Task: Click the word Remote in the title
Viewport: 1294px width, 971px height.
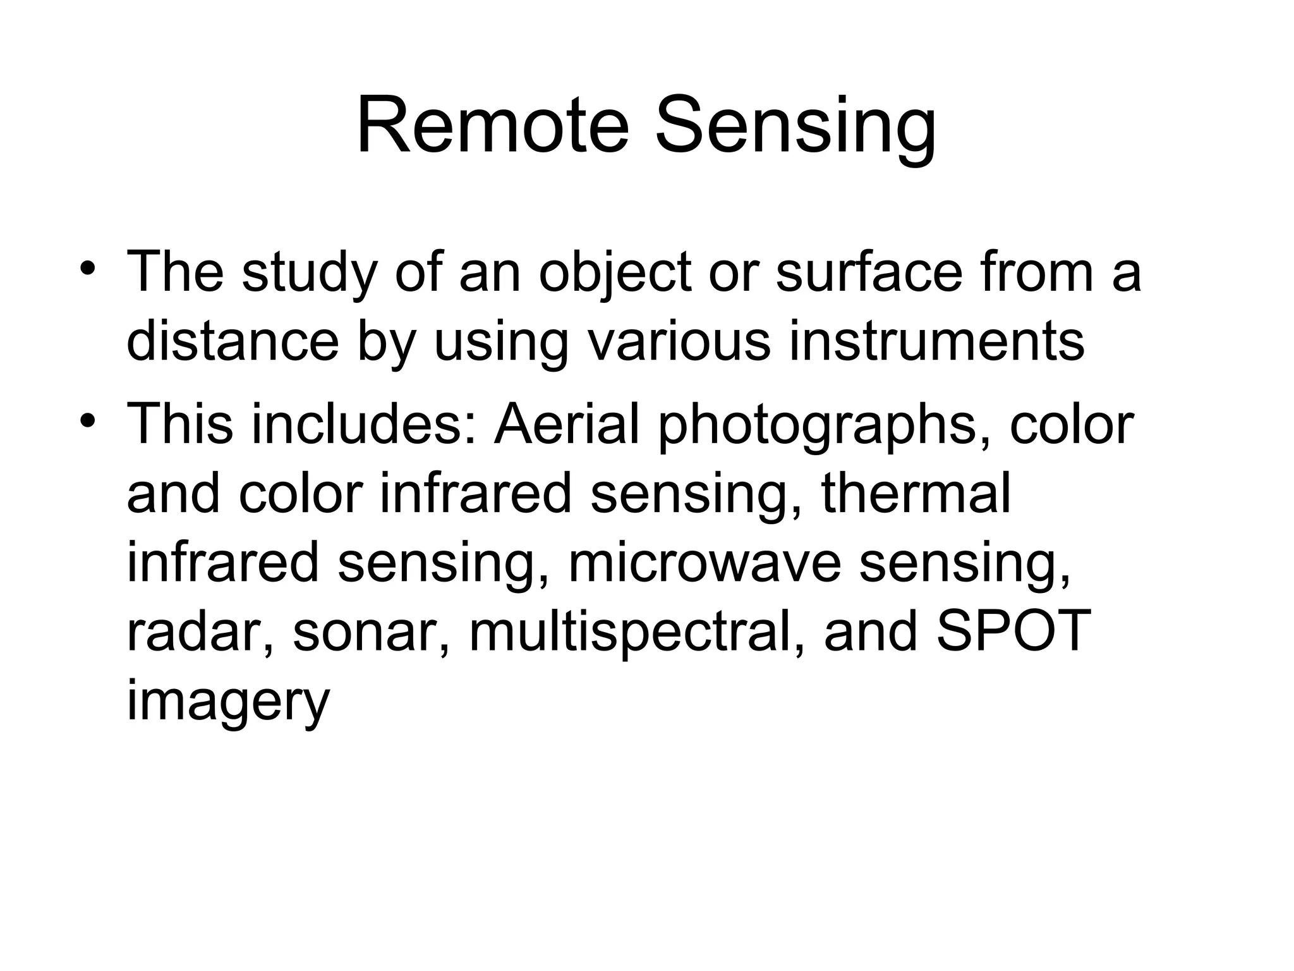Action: click(x=493, y=126)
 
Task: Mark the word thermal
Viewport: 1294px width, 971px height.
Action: click(x=916, y=494)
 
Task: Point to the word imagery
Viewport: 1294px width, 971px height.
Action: click(x=228, y=704)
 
